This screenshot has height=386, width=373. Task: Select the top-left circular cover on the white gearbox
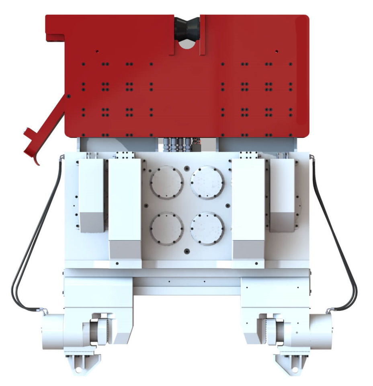pyautogui.click(x=167, y=183)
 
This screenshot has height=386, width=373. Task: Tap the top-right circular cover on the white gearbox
pyautogui.click(x=207, y=183)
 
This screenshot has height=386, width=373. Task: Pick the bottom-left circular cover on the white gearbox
pyautogui.click(x=167, y=228)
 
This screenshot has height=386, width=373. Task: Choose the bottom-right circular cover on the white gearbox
pyautogui.click(x=207, y=228)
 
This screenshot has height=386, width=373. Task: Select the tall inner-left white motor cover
pyautogui.click(x=125, y=209)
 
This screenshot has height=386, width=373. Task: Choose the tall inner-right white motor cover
pyautogui.click(x=248, y=209)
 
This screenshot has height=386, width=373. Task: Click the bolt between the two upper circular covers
pyautogui.click(x=187, y=167)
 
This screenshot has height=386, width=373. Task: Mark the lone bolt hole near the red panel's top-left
pyautogui.click(x=97, y=51)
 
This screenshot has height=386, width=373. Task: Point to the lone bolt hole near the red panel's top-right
pyautogui.click(x=277, y=51)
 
